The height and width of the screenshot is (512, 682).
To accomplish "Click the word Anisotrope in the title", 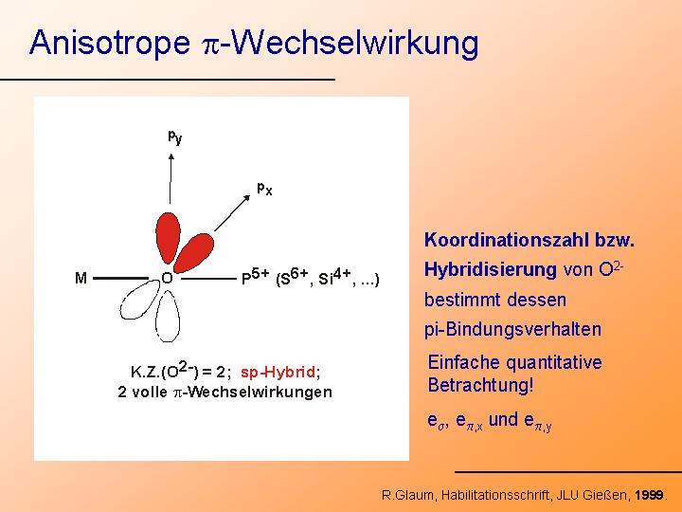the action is [x=110, y=43].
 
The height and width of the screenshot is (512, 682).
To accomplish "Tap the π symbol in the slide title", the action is [x=211, y=46].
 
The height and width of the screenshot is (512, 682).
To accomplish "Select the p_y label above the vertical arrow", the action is [x=175, y=137].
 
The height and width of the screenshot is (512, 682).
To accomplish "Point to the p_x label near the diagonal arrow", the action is [x=264, y=189].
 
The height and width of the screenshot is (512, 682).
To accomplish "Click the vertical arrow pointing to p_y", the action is [x=170, y=178].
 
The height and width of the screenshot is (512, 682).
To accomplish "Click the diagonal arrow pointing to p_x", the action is [x=232, y=213].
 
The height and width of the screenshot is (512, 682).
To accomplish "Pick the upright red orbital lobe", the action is [x=168, y=238].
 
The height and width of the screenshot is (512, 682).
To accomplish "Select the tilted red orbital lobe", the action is [x=194, y=252].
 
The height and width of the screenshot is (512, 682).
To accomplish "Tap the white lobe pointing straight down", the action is [x=168, y=317].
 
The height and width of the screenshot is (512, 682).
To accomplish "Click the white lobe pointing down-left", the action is [x=140, y=300].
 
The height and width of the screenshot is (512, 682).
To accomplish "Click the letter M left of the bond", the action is [x=81, y=278].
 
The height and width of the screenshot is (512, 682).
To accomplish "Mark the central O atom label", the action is [x=167, y=278].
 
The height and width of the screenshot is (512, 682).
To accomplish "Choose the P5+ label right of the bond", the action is [x=256, y=277].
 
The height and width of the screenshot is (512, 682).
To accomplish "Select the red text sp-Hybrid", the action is [x=278, y=373].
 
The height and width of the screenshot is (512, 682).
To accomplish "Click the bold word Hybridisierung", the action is [x=491, y=270].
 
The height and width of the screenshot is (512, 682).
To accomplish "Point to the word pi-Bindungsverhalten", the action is [x=512, y=330].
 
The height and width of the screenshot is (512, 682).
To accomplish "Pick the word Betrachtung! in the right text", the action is [x=480, y=385].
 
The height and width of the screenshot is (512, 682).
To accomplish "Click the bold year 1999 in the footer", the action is [x=649, y=495].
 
